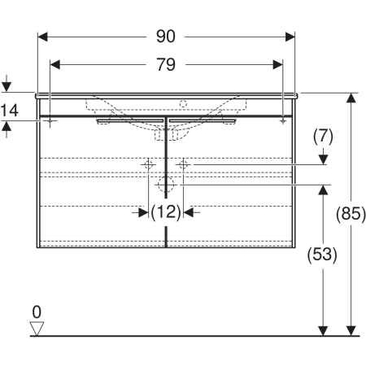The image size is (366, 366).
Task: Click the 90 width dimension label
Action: pos(166,37)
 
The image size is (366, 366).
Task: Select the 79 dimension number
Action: pos(166,65)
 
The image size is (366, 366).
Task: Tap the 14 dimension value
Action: pos(10,111)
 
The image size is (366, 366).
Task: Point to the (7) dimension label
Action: pos(323,136)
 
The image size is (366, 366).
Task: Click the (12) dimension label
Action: pos(166,212)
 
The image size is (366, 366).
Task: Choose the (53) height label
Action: pos(322,255)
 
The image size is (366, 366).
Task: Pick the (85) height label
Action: pos(351,213)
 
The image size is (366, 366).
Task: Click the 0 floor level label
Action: pos(37,312)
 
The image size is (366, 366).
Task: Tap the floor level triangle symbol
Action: pos(37,329)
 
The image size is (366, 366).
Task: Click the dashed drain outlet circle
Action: pos(166,185)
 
